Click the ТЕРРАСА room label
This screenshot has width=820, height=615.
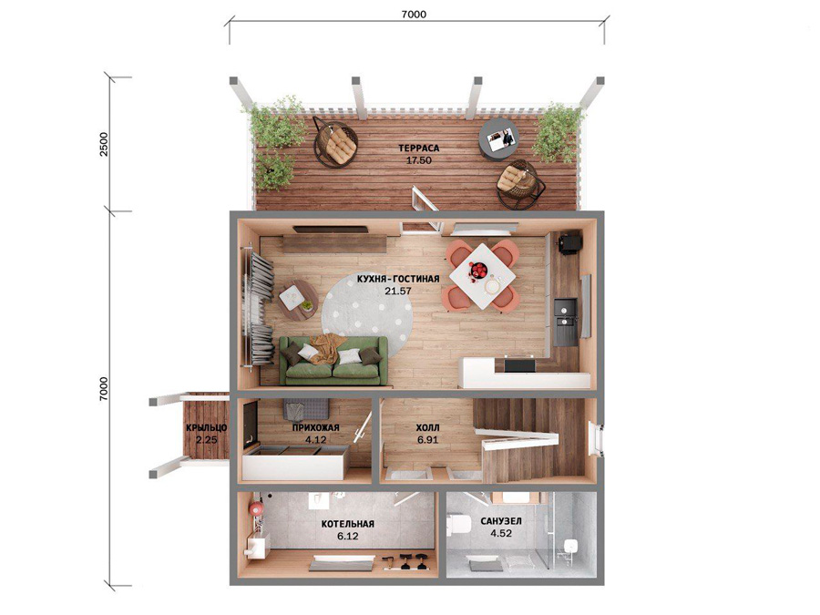click(x=418, y=148)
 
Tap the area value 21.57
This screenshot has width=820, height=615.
click(x=398, y=292)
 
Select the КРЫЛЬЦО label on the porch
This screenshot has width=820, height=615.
click(x=207, y=428)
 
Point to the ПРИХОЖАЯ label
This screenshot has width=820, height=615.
click(x=316, y=428)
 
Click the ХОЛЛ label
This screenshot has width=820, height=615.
click(x=427, y=428)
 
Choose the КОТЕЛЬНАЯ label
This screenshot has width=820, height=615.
click(x=348, y=524)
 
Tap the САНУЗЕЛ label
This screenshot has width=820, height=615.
click(x=501, y=521)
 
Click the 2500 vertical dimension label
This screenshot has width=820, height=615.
click(x=104, y=145)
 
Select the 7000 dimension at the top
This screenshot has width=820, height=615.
click(x=414, y=15)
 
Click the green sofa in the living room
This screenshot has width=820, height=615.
click(x=333, y=361)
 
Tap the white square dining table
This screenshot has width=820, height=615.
click(x=482, y=276)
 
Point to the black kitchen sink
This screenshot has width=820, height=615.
click(x=566, y=322)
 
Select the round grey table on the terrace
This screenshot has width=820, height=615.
click(x=499, y=138)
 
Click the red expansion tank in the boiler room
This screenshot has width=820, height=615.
click(x=256, y=508)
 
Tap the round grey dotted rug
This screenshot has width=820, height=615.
click(x=367, y=309)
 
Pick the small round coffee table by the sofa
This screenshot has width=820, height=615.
click(x=297, y=300)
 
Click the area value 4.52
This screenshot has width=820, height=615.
click(x=501, y=533)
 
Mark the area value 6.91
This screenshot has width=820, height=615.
click(x=428, y=440)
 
